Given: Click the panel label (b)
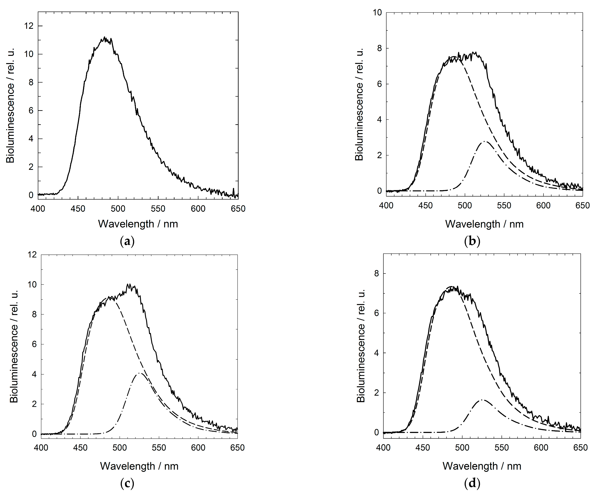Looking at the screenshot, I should click(472, 242).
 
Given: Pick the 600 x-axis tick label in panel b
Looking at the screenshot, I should click(543, 206).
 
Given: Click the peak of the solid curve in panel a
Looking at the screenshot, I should click(105, 37).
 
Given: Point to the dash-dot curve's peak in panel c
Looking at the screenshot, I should click(140, 373).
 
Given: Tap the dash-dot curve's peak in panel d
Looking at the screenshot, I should click(482, 400).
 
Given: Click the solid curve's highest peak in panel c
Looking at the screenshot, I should click(128, 284).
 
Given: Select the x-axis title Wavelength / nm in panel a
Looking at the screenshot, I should click(138, 224).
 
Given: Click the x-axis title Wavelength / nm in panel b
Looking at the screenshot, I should click(484, 224).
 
